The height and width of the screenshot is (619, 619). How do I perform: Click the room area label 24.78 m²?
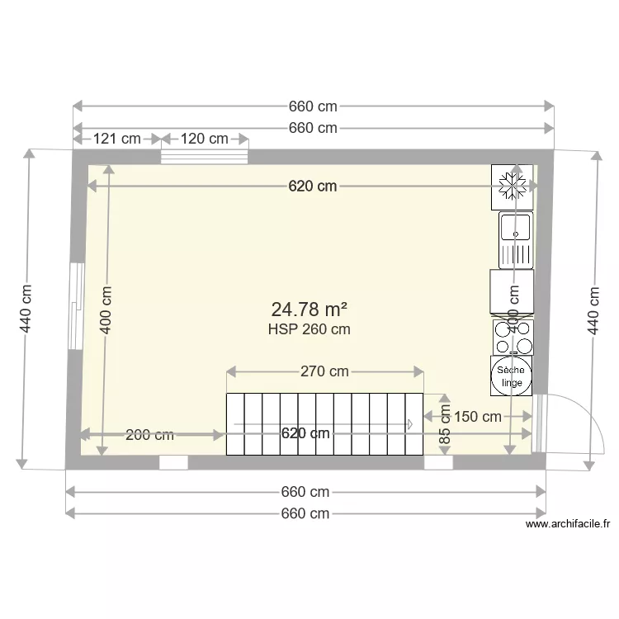(x=309, y=309)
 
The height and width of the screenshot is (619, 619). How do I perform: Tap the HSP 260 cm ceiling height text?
(x=309, y=329)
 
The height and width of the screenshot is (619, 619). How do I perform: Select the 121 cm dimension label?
(x=116, y=139)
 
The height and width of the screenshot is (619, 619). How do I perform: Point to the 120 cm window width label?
(x=204, y=139)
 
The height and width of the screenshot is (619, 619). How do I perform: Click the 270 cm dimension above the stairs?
(x=324, y=371)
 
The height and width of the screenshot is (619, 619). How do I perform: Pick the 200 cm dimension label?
(x=149, y=435)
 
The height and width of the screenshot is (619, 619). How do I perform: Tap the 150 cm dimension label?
(x=477, y=417)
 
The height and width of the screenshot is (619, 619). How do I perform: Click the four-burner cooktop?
(x=512, y=336)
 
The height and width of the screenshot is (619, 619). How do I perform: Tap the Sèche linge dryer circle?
(x=511, y=376)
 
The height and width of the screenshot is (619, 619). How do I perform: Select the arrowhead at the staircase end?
(x=409, y=424)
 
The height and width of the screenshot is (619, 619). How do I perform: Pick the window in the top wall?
(x=204, y=157)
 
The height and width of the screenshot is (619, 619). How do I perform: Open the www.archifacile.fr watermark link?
(x=567, y=523)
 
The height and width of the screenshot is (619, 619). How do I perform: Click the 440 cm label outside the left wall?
(x=26, y=309)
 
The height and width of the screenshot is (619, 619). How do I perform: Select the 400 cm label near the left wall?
(x=106, y=309)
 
